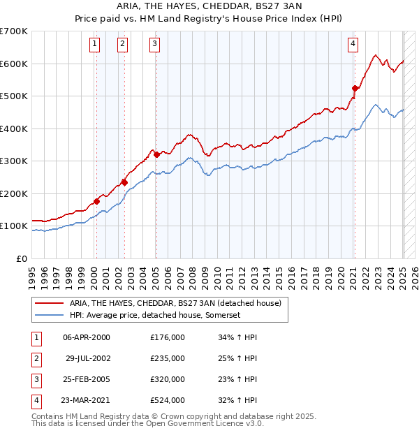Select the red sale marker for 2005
click(x=156, y=154)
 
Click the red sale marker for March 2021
click(x=355, y=88)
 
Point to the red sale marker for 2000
click(x=96, y=201)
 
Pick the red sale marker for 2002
click(x=124, y=182)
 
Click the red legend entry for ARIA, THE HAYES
click(x=175, y=303)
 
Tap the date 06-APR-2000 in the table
click(x=87, y=337)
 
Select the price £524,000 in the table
click(x=168, y=400)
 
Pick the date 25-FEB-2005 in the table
click(x=87, y=379)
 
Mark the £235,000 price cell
click(x=168, y=358)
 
